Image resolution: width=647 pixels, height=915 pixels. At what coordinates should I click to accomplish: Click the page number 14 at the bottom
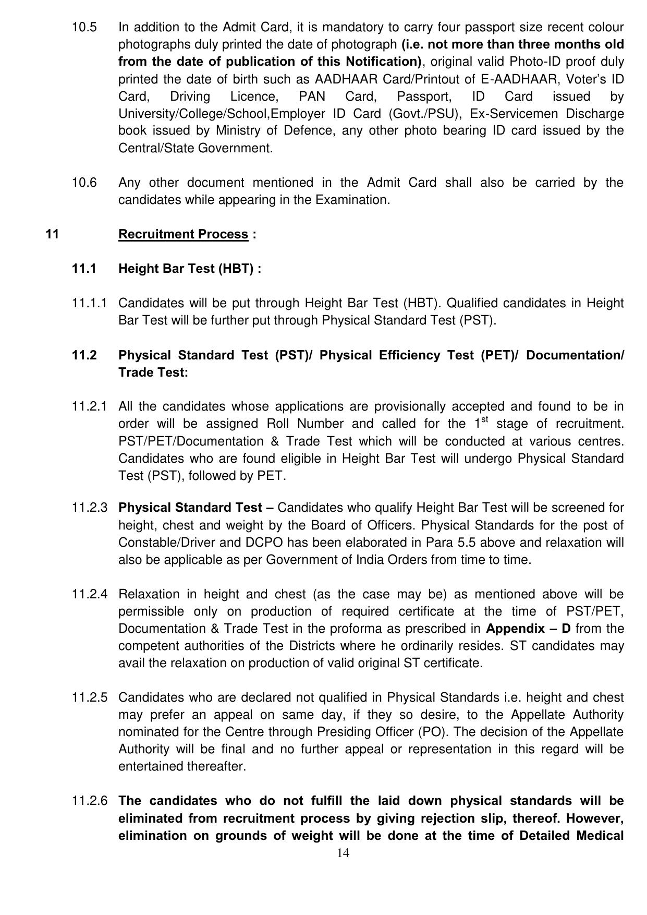tap(343, 853)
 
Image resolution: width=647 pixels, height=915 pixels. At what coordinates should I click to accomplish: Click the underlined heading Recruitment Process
tap(183, 234)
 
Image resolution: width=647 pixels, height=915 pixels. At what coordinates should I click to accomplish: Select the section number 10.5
tap(84, 27)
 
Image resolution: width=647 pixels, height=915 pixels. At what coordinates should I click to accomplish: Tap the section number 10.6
tap(84, 183)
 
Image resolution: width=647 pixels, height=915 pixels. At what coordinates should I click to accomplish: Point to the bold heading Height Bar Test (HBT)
tap(189, 269)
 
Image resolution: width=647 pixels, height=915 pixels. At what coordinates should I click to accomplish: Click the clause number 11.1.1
tap(89, 303)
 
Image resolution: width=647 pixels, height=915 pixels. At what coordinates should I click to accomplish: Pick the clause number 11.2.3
tap(90, 508)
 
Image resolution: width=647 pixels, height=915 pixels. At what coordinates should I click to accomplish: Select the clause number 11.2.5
tap(90, 697)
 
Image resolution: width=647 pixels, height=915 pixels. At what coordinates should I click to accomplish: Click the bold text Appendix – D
tap(528, 629)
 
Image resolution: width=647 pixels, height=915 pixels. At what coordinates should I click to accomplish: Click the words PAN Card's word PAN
tap(311, 97)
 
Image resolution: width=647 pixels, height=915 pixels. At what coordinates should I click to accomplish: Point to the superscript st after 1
tap(484, 419)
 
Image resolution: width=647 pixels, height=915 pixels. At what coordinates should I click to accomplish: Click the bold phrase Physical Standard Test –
tap(198, 508)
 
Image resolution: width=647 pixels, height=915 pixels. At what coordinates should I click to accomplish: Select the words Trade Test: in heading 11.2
tap(153, 372)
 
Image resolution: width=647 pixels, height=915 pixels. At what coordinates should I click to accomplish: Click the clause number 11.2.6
tap(90, 801)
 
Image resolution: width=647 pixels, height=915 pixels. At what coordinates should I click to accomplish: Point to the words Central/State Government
tap(196, 148)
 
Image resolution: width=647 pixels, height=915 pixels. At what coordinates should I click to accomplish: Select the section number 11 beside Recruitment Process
tap(52, 234)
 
